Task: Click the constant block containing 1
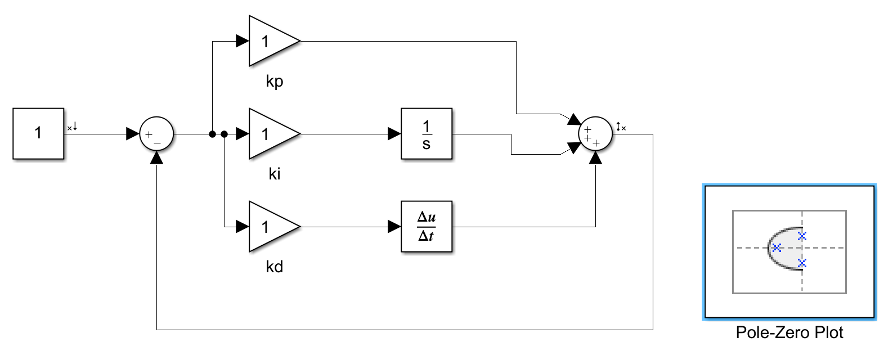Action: click(x=38, y=134)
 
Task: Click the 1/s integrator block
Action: click(x=427, y=134)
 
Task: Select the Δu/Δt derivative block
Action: click(x=427, y=227)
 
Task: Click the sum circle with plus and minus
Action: click(x=156, y=134)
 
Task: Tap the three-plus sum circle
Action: click(x=595, y=134)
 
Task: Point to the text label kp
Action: click(x=275, y=82)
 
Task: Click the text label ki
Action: click(x=275, y=174)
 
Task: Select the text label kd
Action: click(x=275, y=267)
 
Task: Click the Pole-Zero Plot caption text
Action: click(x=789, y=333)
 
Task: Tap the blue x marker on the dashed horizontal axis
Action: click(x=777, y=247)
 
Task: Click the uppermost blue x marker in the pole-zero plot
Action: click(x=802, y=236)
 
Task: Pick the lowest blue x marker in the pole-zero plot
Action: click(x=802, y=263)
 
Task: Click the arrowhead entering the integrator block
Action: click(x=394, y=134)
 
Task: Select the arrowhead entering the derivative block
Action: click(x=394, y=227)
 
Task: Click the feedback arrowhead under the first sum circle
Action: click(x=156, y=158)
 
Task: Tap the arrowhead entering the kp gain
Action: click(x=243, y=41)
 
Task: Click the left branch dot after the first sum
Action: click(x=212, y=134)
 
